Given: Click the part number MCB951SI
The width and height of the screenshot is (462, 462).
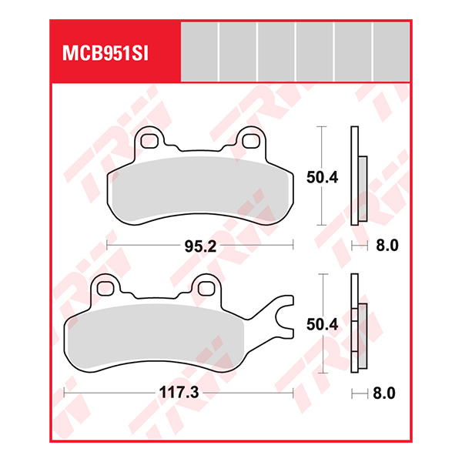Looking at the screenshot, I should (105, 54).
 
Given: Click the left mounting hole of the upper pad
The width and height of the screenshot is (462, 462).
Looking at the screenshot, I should (149, 140).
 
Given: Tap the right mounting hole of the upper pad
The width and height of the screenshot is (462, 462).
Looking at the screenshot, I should (249, 140).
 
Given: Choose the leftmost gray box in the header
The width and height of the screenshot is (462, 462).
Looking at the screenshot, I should (199, 51).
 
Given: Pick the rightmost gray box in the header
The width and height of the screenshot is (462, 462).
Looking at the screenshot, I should (391, 51).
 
